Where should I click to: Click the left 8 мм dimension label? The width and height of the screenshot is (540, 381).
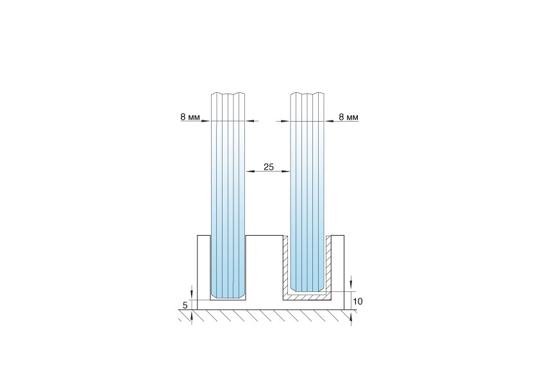point(190,117)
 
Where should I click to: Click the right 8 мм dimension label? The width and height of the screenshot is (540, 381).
point(348,117)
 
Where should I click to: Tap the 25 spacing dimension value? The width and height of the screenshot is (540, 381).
point(269,166)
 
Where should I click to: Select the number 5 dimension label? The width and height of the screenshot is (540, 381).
point(185,305)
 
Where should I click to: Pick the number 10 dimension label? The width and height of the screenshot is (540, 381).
point(358,301)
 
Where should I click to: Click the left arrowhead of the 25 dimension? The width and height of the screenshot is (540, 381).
point(249,171)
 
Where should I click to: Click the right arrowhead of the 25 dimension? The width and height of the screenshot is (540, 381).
point(287,171)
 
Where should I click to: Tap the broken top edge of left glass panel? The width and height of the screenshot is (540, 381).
point(228,93)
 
